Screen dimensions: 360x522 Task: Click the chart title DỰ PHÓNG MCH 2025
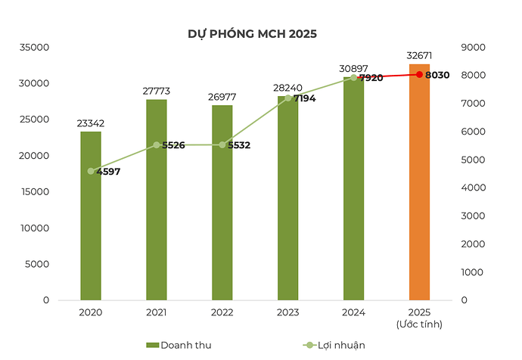(x=252, y=34)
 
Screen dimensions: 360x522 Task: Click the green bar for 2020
(x=91, y=219)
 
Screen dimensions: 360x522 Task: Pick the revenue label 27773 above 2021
(x=156, y=91)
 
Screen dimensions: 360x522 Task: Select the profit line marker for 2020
(x=91, y=171)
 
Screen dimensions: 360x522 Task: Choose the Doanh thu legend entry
(x=179, y=345)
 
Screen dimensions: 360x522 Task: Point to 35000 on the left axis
(x=34, y=47)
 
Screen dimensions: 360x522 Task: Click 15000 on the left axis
(x=34, y=191)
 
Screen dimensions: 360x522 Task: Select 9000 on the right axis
(x=471, y=47)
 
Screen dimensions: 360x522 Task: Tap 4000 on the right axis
(x=471, y=188)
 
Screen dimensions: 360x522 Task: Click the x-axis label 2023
(x=287, y=312)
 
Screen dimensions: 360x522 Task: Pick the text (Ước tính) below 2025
(x=419, y=324)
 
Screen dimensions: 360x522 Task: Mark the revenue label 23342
(x=91, y=123)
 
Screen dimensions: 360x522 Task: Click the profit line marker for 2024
(x=353, y=77)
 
